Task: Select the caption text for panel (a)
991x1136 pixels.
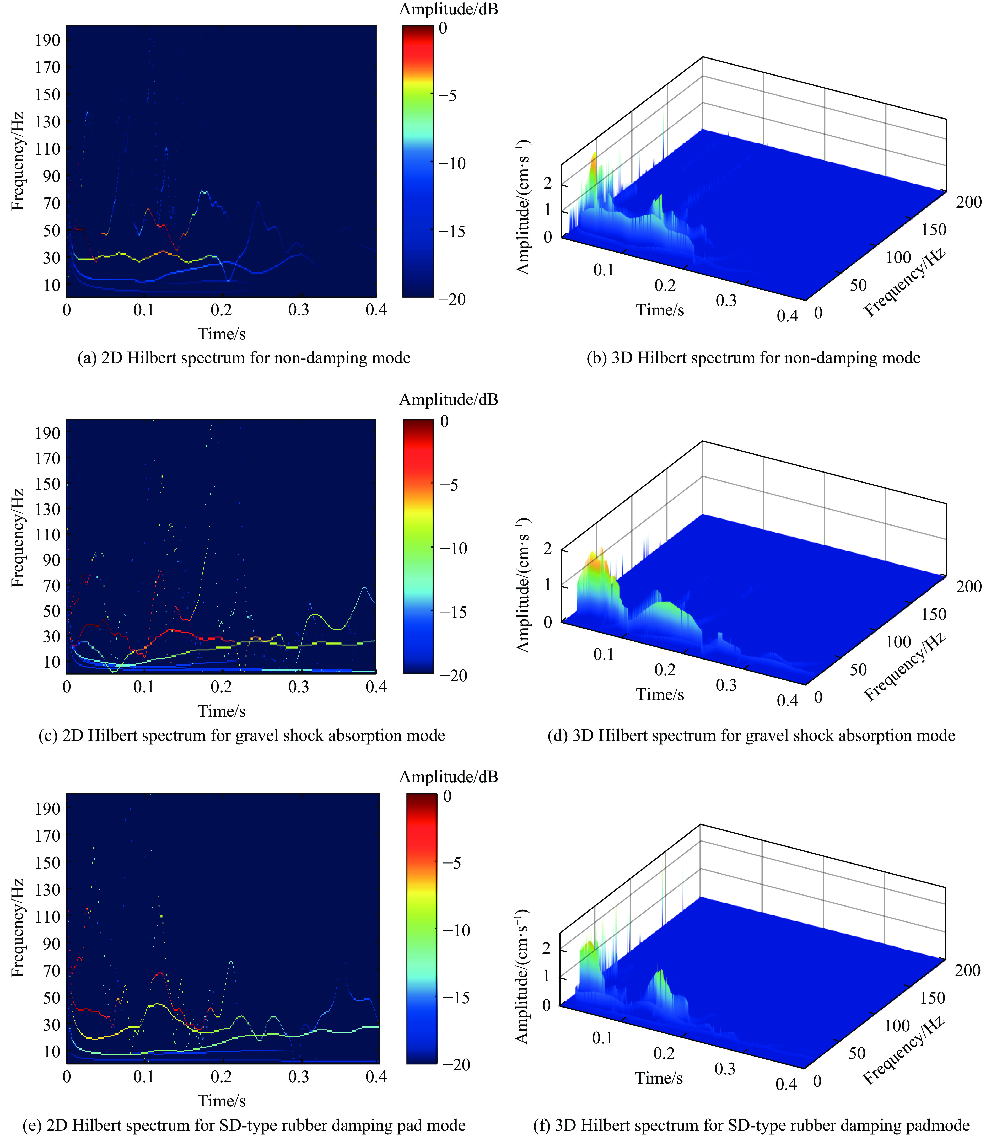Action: [244, 358]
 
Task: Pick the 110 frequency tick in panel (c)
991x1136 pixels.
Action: [47, 534]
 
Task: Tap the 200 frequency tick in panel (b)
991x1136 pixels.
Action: [968, 202]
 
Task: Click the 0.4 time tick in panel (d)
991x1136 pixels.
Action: [788, 701]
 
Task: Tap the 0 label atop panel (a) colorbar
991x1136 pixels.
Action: [443, 28]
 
